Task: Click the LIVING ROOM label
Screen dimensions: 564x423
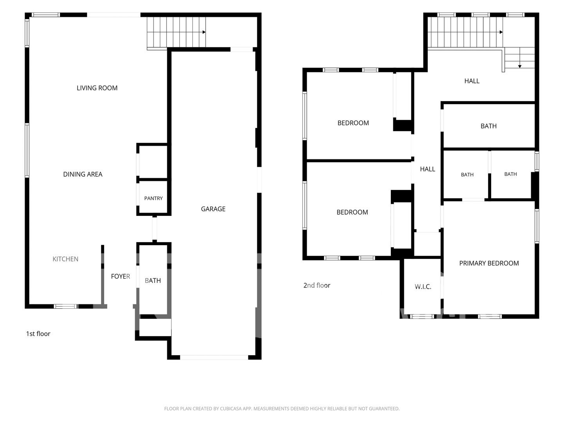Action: [97, 88]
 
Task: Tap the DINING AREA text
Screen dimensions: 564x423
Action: [83, 174]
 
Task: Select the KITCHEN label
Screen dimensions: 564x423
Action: [65, 259]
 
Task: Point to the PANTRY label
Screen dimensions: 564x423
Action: [154, 198]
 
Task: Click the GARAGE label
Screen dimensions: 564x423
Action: [213, 209]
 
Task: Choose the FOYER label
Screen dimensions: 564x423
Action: [120, 277]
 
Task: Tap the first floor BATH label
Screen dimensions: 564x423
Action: [153, 280]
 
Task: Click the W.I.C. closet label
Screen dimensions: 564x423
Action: [423, 287]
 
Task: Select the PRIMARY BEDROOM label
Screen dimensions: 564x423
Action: [489, 263]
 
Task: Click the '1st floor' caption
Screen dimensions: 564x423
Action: [38, 334]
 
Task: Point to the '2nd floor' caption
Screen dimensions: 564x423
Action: [316, 286]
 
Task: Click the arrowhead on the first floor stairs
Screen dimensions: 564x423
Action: [204, 32]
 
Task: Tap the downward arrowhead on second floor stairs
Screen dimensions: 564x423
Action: [520, 67]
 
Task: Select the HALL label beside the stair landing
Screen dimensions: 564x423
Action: [472, 81]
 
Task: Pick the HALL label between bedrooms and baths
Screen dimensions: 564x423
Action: [428, 169]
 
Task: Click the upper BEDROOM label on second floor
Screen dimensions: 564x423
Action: [353, 123]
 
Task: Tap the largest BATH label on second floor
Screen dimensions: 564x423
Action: [488, 126]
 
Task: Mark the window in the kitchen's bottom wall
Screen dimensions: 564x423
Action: [66, 306]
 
